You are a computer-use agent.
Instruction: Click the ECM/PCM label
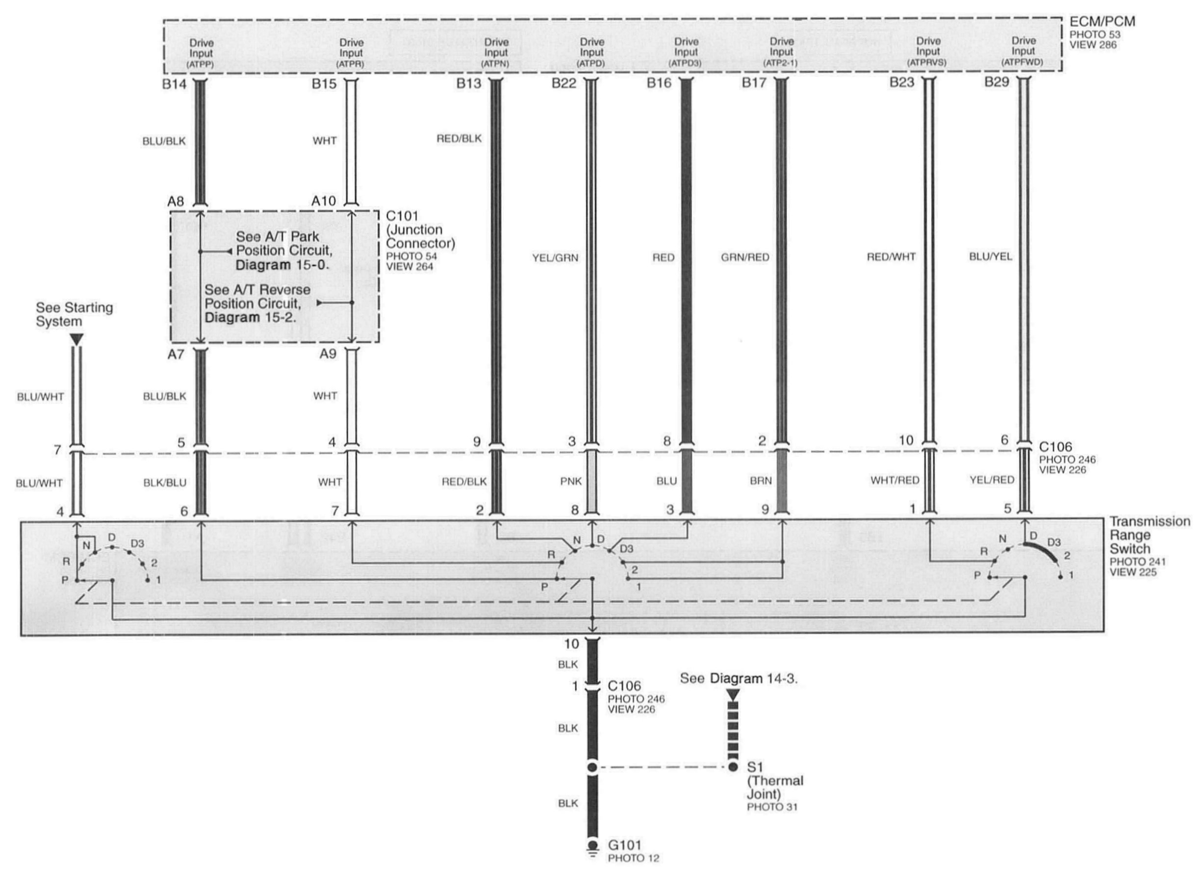point(1102,22)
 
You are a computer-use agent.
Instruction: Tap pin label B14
point(175,83)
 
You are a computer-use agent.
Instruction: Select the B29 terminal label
point(996,82)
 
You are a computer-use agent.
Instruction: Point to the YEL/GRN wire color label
point(555,258)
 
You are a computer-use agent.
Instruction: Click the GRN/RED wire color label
point(745,257)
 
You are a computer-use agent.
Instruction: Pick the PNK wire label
point(571,481)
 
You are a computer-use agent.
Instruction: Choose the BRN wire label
point(761,481)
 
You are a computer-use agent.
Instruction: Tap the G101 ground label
point(624,845)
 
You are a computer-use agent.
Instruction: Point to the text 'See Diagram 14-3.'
point(739,678)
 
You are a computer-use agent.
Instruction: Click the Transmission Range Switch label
point(1149,535)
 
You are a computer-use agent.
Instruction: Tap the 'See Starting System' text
point(74,314)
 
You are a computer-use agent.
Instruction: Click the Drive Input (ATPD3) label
point(686,52)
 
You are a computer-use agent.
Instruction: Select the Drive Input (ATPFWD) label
point(1023,51)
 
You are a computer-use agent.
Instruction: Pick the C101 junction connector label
point(420,230)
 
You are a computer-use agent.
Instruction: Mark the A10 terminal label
point(324,201)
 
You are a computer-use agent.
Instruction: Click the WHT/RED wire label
point(894,481)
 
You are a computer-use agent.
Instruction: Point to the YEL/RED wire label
point(992,480)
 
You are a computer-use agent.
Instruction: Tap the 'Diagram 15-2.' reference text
point(250,318)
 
